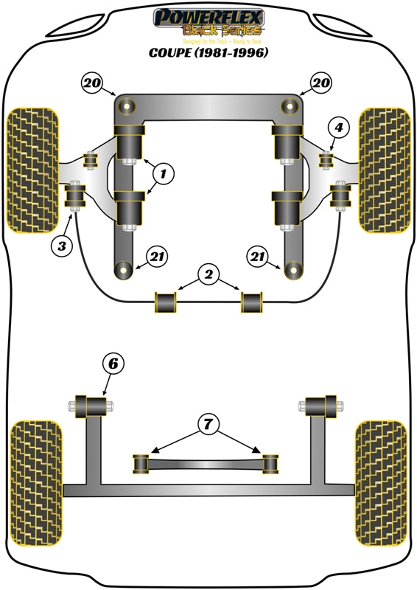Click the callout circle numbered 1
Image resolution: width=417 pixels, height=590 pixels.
(x=164, y=174)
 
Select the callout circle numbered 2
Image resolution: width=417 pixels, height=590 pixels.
(x=208, y=275)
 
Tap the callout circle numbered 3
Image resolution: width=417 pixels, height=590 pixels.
(x=63, y=246)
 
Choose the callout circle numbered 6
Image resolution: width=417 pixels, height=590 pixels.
(x=113, y=364)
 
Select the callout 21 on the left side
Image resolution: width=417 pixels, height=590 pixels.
(x=157, y=257)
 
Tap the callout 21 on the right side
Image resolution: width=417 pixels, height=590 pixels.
(x=258, y=257)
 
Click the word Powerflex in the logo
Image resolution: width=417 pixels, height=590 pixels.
(x=208, y=17)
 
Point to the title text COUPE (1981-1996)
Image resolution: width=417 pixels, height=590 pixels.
(x=208, y=52)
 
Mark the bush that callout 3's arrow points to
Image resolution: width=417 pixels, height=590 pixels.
(x=74, y=197)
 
